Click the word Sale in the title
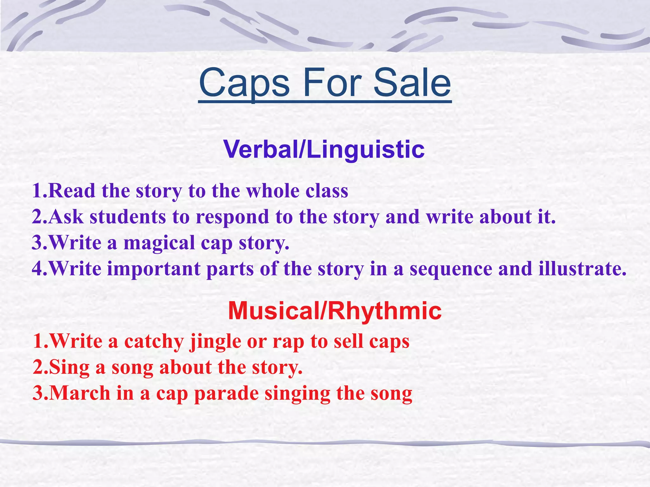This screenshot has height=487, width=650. (412, 83)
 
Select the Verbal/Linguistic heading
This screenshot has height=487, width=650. (324, 149)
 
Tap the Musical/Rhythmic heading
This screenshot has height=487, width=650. (335, 311)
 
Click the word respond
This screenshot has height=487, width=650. (232, 218)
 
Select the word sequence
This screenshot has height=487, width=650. (451, 269)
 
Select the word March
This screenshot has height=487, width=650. (80, 393)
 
